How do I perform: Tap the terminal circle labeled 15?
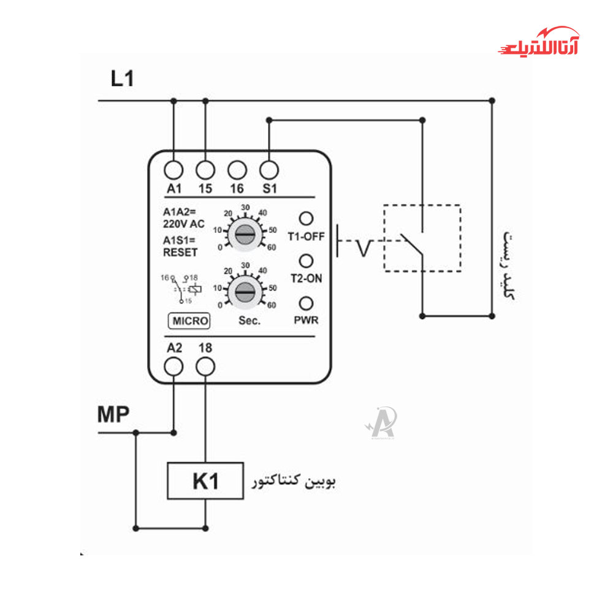point(205,169)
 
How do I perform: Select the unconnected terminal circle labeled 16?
point(237,169)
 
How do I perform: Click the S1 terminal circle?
point(269,169)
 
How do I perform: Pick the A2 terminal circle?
point(175,367)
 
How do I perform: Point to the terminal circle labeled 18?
point(205,367)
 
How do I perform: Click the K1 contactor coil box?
point(205,481)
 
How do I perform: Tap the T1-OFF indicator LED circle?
point(305,218)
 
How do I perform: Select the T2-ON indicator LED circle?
point(305,261)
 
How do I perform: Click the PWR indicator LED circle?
point(305,303)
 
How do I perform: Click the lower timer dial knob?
point(244,293)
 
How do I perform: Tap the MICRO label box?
point(190,321)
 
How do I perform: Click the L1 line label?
point(123,78)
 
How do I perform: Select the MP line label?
point(113,415)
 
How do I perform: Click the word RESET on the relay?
point(180,252)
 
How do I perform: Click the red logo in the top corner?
point(539,42)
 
